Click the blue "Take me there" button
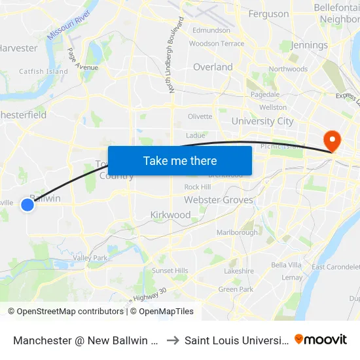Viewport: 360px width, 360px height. pos(180,160)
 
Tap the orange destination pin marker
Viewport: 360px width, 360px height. pos(332,140)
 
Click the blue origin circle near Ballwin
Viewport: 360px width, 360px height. pos(27,205)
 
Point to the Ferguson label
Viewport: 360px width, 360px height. pos(268,14)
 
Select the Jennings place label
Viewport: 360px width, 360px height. pos(309,45)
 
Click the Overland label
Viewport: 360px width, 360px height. pos(213,67)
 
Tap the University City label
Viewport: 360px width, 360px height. pos(262,121)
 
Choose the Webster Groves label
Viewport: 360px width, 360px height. pos(218,200)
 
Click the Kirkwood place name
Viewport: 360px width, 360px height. pos(170,215)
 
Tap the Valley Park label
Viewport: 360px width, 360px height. pos(90,258)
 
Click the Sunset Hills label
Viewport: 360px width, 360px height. pos(170,270)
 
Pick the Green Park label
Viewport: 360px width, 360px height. pos(236,289)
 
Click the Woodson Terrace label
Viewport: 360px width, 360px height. pos(217,44)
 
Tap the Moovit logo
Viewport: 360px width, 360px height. pos(321,339)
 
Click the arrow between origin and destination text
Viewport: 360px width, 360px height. pos(172,340)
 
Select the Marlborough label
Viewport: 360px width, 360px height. pos(237,232)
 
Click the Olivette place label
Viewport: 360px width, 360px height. pos(200,117)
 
